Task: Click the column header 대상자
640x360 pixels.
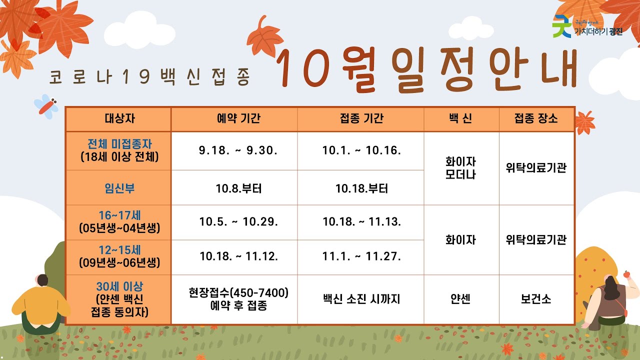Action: (x=119, y=119)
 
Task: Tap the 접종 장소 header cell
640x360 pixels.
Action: (x=536, y=119)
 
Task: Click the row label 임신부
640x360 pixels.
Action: (x=119, y=188)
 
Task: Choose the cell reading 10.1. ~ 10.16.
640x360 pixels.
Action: (x=361, y=150)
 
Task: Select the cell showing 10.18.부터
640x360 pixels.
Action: (x=361, y=188)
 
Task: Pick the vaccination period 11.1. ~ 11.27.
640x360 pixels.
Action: (x=361, y=256)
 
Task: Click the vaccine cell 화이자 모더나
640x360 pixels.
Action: (x=460, y=168)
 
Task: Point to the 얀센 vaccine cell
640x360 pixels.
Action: (x=460, y=299)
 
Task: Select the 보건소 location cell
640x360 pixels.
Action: (x=536, y=299)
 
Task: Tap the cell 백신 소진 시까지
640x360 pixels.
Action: (x=361, y=299)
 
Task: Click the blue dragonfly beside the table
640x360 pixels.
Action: (x=46, y=106)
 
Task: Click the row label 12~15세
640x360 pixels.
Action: (x=119, y=255)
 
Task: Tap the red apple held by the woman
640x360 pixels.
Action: (x=626, y=273)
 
